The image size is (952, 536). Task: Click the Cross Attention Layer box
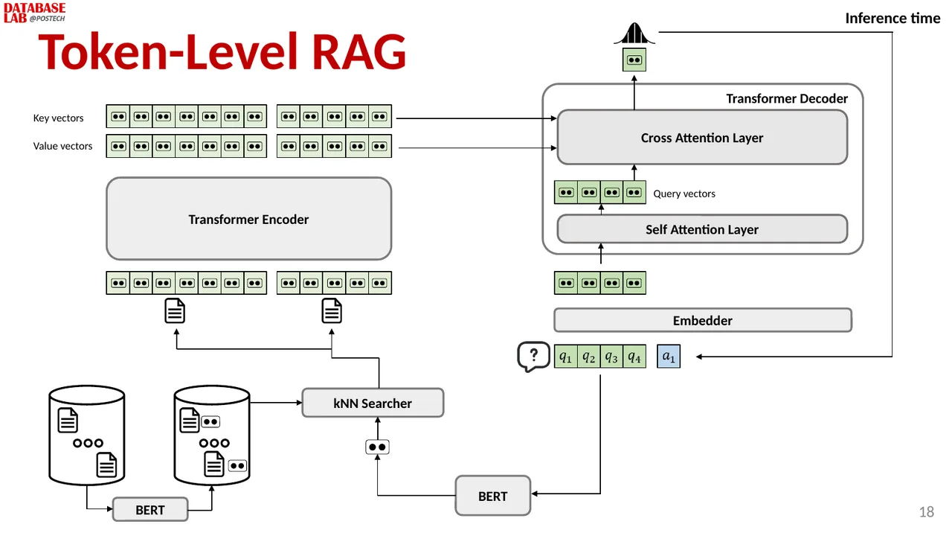tap(702, 138)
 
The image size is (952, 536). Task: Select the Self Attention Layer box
tap(702, 229)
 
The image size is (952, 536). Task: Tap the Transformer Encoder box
tap(248, 219)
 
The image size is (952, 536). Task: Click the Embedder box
tap(703, 320)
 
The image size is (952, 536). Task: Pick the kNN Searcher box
tap(373, 403)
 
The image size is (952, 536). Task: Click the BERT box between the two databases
tap(150, 510)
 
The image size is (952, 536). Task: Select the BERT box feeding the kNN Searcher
tap(492, 496)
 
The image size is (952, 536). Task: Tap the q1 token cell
tap(566, 357)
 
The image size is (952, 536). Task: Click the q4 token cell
tap(634, 357)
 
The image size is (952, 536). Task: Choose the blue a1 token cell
tap(669, 357)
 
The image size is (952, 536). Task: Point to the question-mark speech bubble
tap(533, 357)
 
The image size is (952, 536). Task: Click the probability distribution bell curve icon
tap(634, 33)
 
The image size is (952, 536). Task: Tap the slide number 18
tap(927, 511)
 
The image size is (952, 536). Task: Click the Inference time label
tap(892, 19)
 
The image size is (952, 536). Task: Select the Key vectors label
tap(58, 118)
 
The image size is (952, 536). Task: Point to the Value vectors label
tap(62, 146)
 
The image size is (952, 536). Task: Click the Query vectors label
tap(684, 194)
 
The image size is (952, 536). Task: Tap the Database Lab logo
tap(34, 13)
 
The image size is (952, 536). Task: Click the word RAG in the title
tap(359, 51)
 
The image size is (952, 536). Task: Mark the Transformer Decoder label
tap(787, 99)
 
